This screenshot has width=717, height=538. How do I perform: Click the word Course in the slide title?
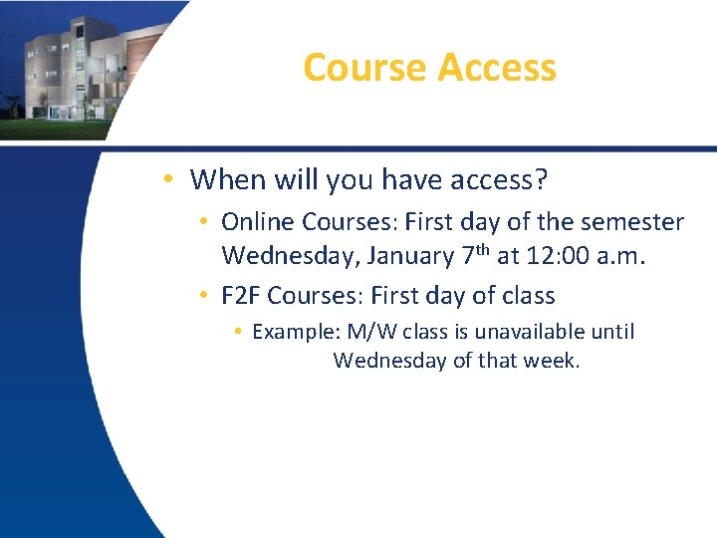(364, 68)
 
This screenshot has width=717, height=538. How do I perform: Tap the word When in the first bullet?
(223, 179)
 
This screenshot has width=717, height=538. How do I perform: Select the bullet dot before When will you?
(171, 179)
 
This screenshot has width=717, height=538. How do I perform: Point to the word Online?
(258, 221)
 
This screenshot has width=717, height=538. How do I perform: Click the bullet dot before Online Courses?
(203, 221)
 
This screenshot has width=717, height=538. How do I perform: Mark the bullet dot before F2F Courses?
(203, 296)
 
